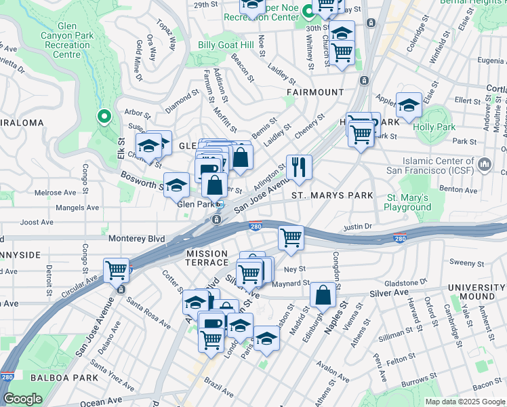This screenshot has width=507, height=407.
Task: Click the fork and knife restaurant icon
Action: click(x=299, y=167)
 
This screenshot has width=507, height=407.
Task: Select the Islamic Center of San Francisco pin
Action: click(x=485, y=165)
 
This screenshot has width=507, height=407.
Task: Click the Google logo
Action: click(x=22, y=399)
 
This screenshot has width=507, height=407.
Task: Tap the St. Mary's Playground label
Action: click(x=408, y=202)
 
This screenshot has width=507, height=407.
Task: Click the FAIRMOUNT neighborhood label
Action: click(x=315, y=92)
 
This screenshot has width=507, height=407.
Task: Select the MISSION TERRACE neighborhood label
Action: click(x=207, y=258)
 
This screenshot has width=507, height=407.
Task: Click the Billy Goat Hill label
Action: click(x=225, y=45)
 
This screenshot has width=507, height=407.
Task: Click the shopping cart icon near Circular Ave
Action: click(x=117, y=269)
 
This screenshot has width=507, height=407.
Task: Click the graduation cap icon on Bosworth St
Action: click(x=176, y=185)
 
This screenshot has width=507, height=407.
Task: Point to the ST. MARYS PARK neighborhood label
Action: click(x=332, y=195)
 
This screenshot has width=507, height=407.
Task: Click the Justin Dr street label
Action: click(x=359, y=227)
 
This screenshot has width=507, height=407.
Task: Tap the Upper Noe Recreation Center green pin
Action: click(x=307, y=11)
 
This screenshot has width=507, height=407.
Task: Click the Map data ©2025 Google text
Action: click(x=464, y=402)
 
